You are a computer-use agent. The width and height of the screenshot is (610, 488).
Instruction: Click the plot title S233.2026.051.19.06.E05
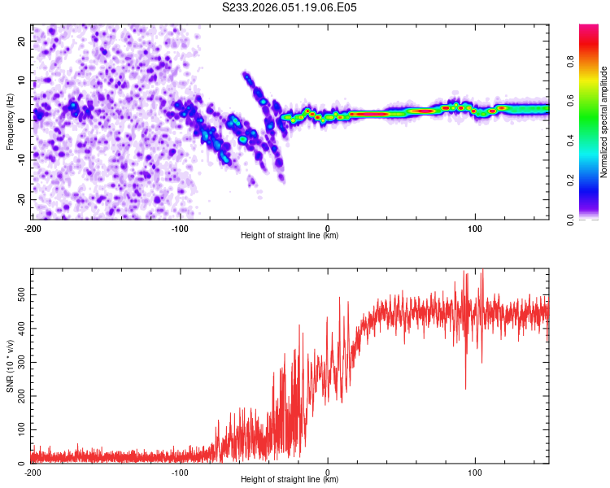[x=290, y=7]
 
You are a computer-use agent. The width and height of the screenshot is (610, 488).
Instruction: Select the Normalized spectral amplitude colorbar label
[x=604, y=121]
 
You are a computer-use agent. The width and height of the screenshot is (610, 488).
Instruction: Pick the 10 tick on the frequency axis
[x=23, y=80]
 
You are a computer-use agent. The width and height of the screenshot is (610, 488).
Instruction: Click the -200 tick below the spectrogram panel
[x=33, y=229]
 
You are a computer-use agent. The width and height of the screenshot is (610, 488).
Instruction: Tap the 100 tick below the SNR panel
[x=476, y=473]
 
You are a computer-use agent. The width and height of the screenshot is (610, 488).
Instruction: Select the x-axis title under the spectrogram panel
[x=290, y=236]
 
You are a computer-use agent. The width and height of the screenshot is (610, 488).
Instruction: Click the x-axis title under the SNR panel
[x=290, y=480]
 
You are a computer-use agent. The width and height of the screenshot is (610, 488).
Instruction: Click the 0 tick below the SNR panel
[x=328, y=473]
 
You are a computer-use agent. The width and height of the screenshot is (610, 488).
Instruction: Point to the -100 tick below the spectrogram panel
[x=180, y=229]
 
